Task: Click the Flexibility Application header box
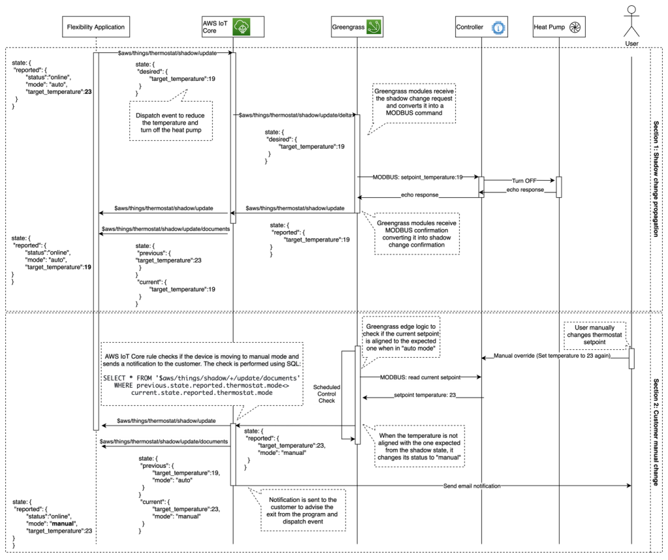click(95, 27)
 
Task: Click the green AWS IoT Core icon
click(242, 27)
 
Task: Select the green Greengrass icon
click(374, 27)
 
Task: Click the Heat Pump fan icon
click(575, 27)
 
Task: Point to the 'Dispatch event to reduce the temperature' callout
click(170, 122)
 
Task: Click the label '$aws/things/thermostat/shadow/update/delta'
click(295, 116)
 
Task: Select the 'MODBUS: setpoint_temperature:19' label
click(417, 177)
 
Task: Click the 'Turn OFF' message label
click(524, 180)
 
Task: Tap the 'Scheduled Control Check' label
click(327, 394)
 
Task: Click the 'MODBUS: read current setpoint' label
click(421, 378)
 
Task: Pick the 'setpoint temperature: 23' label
click(425, 395)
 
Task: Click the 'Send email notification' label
click(472, 486)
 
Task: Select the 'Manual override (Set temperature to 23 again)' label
click(552, 356)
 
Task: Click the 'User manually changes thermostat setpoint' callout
click(594, 334)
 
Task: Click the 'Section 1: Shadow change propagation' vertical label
click(656, 178)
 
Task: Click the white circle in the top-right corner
click(631, 9)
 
